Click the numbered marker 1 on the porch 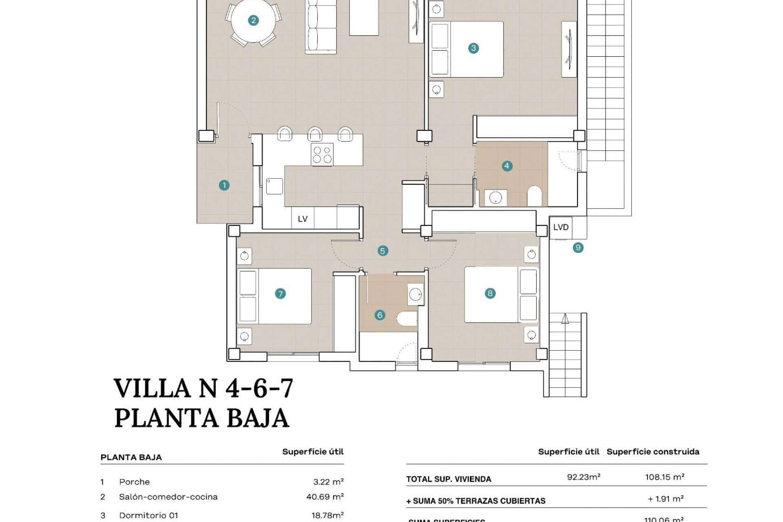(x=224, y=186)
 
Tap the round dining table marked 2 (x=253, y=20)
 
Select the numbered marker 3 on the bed (x=473, y=48)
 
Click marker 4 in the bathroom (x=507, y=166)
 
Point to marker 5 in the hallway (x=382, y=251)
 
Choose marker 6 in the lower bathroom (x=380, y=315)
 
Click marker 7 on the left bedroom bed (x=280, y=294)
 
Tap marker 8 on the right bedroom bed (x=490, y=293)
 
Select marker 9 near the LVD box (x=578, y=248)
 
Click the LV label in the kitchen (x=303, y=219)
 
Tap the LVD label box (x=561, y=227)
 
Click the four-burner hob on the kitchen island (x=322, y=155)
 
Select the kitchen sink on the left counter (x=274, y=186)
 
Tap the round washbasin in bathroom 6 (x=416, y=294)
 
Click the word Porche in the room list (x=134, y=482)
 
